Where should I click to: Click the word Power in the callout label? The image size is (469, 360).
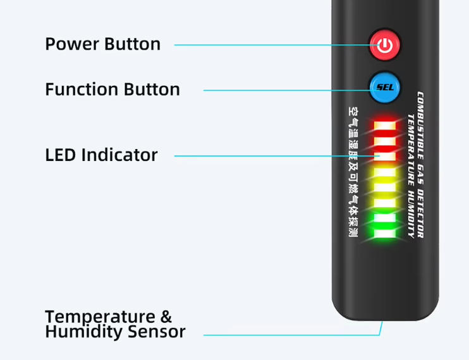coord(72,44)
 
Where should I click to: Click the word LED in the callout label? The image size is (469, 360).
coord(61,155)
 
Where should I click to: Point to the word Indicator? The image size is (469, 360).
coord(119,155)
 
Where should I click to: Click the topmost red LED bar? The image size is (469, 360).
coord(384,124)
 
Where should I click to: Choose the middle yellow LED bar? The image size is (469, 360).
coord(384,188)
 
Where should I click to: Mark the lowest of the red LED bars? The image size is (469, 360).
coord(384,155)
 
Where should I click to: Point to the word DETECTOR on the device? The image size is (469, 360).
coord(420,209)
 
